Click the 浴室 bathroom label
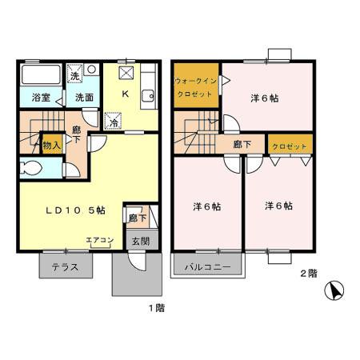coord(41,98)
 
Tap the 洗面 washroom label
coord(84,98)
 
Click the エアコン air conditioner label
coord(99,239)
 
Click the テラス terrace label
coord(65,267)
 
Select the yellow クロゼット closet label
coord(290,146)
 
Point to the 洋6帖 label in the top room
coord(265,99)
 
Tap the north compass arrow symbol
coord(337,290)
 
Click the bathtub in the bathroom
coord(40,77)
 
